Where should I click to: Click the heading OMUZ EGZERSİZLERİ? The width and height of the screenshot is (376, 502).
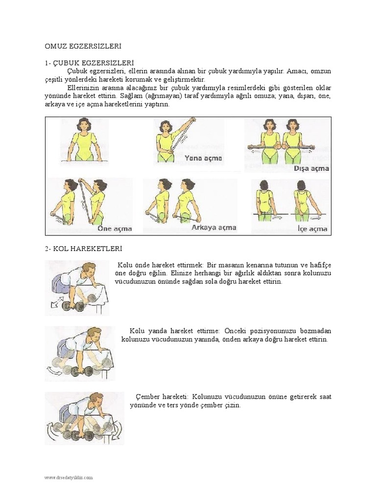83,46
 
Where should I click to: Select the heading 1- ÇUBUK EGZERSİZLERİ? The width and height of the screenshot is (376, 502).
89,63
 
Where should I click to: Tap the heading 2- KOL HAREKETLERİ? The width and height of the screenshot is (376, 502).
83,249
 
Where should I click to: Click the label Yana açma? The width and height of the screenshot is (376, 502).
203,158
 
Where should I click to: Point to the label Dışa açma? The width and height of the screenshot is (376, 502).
311,169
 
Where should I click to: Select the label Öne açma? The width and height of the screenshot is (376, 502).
115,228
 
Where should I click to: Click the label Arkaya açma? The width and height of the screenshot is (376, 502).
214,227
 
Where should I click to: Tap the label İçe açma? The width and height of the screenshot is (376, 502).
312,228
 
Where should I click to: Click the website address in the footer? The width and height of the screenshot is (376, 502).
69,477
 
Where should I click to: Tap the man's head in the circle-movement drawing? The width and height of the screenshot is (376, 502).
95,399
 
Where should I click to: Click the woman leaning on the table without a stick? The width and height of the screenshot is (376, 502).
84,140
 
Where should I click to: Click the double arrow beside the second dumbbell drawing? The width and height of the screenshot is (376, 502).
54,372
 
